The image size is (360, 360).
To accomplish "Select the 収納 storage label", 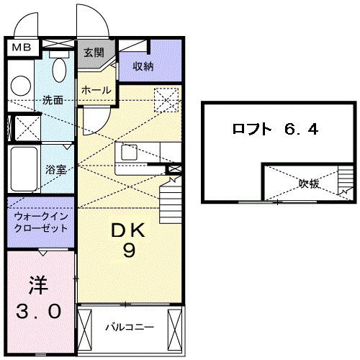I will tap(143, 66).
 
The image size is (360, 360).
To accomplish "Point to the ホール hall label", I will tap(96, 90).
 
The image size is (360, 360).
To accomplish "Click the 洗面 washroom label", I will tap(52, 99).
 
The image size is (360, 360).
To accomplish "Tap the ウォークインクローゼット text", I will tap(41, 220).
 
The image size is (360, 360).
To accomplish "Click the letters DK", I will tap(128, 233).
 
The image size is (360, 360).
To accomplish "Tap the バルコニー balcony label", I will tap(130, 327).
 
